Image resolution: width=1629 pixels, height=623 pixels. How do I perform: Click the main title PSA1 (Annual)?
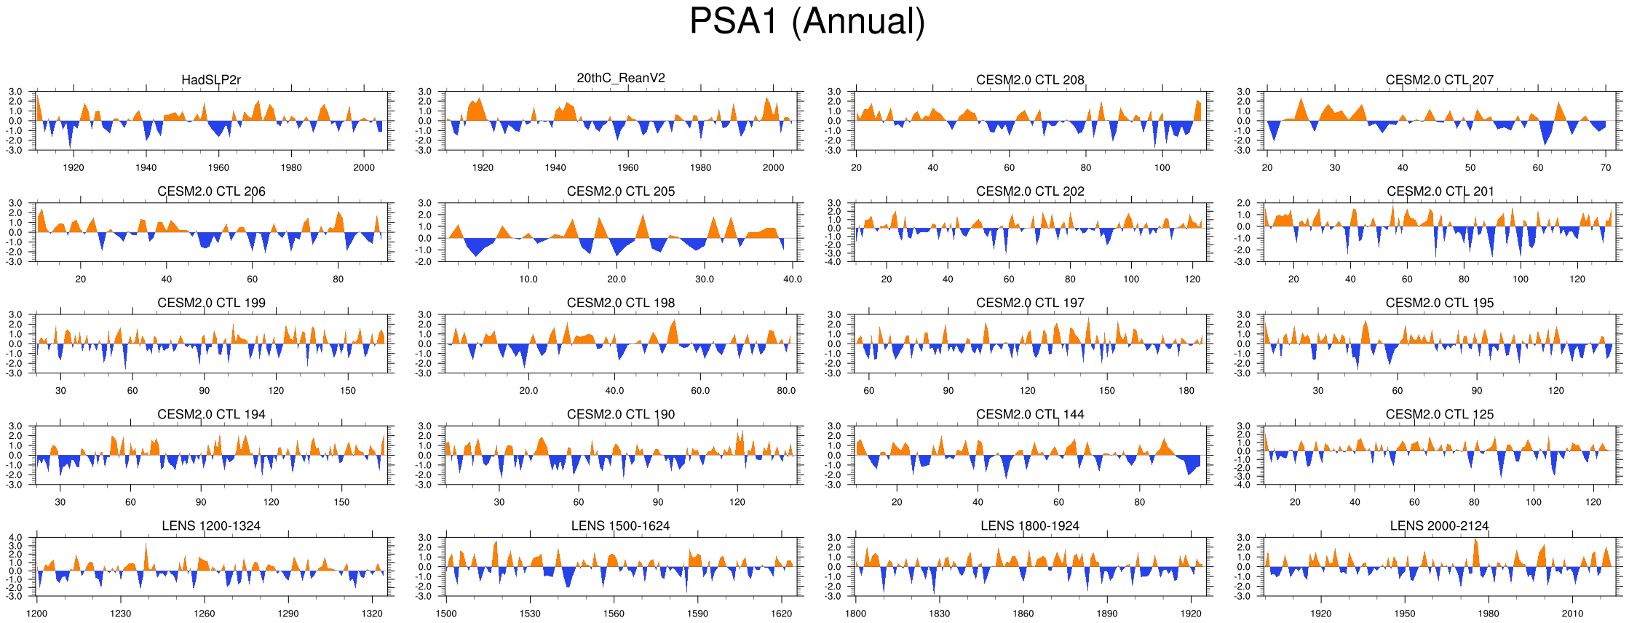pos(806,21)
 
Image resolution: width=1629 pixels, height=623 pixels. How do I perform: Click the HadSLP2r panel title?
pos(211,80)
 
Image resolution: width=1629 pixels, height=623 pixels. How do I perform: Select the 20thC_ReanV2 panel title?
pos(620,79)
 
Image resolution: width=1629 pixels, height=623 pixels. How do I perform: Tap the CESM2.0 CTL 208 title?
pos(1030,80)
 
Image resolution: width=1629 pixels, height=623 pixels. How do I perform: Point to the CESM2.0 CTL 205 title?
pos(620,191)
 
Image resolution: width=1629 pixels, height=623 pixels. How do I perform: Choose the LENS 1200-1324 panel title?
pos(211,526)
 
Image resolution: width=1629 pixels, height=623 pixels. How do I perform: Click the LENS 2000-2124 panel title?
pos(1439,526)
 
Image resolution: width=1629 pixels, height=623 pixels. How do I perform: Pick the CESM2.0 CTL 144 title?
pos(1030,415)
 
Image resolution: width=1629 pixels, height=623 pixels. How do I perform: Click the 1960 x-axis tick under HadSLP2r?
pos(218,168)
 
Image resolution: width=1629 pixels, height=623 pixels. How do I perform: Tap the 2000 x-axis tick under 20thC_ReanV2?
pos(773,168)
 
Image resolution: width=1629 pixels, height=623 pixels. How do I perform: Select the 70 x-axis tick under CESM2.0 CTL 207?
pos(1606,168)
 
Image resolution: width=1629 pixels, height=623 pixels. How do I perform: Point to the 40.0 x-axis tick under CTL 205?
pos(792,279)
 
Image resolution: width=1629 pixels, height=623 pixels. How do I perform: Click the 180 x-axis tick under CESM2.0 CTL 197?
pos(1186,391)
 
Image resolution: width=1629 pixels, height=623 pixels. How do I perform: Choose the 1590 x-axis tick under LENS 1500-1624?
pos(697,614)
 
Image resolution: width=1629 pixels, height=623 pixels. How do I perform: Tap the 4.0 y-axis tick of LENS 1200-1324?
pos(16,538)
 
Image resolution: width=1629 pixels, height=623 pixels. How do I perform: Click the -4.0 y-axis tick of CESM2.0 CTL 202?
pos(835,262)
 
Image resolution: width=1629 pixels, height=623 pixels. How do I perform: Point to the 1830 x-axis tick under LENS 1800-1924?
pos(939,614)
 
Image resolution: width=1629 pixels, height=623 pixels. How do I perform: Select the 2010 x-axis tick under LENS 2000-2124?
pos(1572,614)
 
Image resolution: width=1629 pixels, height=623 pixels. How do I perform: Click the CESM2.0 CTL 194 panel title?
pos(211,415)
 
